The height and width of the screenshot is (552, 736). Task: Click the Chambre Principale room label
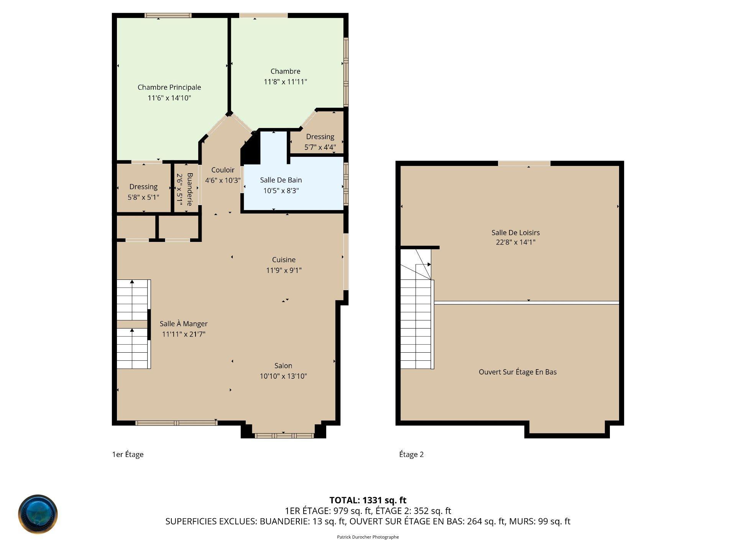coord(169,87)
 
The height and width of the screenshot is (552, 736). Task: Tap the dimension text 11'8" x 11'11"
coord(285,82)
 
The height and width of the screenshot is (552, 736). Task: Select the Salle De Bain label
coord(281,180)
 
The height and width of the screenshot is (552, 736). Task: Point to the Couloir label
coord(223,170)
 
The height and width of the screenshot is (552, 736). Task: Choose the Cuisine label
coord(284,260)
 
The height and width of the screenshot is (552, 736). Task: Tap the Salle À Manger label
coord(184,324)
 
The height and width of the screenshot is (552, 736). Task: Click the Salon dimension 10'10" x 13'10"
coord(283,376)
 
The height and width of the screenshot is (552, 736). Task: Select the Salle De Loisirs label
coord(516,232)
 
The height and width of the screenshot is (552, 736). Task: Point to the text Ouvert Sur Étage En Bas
coord(517,372)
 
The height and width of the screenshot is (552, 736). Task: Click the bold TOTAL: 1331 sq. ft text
coord(368,500)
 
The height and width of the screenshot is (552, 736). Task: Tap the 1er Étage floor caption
coord(128,454)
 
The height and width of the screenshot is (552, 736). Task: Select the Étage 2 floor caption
coord(411,454)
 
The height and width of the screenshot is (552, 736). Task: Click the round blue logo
coord(38,514)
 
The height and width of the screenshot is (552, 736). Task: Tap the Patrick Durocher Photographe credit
coord(368,537)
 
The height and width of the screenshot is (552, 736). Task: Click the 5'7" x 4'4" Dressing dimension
coord(320,147)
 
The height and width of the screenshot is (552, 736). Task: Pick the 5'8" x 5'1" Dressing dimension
coord(143,197)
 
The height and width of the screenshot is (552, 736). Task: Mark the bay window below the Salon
coord(284,435)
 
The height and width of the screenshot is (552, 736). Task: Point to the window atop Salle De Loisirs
coord(524,164)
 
